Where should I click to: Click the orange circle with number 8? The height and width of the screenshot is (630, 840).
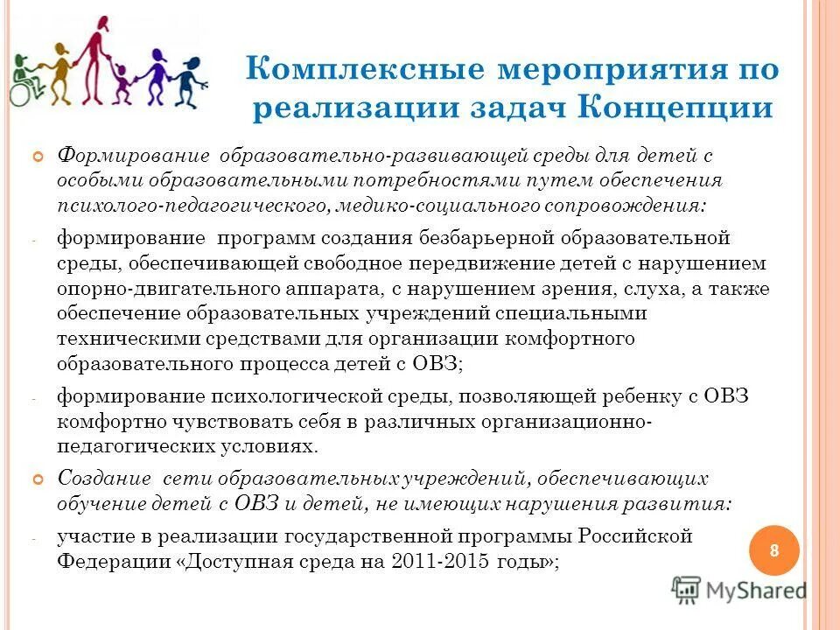(774, 550)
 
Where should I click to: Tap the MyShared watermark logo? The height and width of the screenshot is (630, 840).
(739, 591)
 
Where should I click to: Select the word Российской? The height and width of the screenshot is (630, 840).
(633, 535)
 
